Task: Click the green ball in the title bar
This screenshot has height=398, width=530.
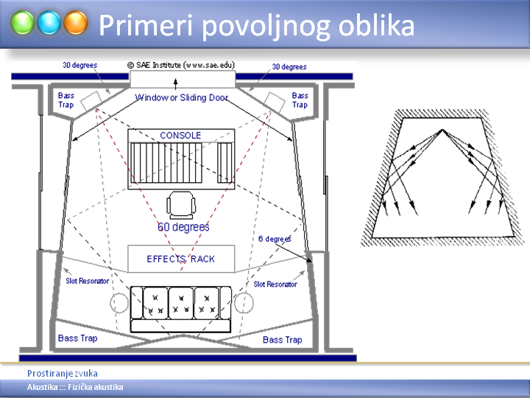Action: [x=22, y=23]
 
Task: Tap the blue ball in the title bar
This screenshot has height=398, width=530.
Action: [x=49, y=23]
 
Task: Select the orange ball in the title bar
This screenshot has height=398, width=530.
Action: [x=76, y=23]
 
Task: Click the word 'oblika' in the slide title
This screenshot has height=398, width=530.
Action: [x=376, y=25]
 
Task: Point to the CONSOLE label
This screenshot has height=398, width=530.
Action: [x=180, y=136]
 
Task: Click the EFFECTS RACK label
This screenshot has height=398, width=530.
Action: [x=180, y=259]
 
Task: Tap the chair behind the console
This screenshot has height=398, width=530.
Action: [x=181, y=206]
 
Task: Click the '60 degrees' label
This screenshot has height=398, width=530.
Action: [x=183, y=227]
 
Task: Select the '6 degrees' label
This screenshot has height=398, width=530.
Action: [x=275, y=239]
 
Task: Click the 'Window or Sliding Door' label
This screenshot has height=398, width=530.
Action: [x=182, y=97]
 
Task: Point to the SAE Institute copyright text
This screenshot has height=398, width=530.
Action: [x=181, y=65]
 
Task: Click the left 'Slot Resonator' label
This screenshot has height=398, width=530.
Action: [x=87, y=281]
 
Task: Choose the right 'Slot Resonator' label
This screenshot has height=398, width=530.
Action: [x=275, y=284]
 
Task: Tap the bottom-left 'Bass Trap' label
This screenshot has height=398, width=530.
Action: [x=78, y=338]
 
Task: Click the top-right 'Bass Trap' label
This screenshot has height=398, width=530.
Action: [x=300, y=100]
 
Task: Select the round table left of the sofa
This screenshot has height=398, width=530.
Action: [x=119, y=303]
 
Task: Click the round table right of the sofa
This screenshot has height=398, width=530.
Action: [x=244, y=303]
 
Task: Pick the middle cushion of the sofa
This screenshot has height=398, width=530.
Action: [x=181, y=303]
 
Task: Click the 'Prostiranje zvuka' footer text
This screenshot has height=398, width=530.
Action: [x=63, y=373]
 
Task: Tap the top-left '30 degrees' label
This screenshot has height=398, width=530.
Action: [x=79, y=65]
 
